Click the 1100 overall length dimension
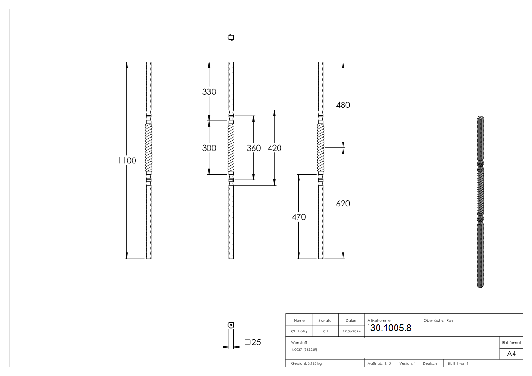point(127,161)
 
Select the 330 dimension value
point(209,91)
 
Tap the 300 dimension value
point(209,148)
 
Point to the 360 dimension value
point(253,148)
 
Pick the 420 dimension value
point(274,148)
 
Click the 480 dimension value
point(343,105)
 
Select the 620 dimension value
point(343,203)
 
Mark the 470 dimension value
point(299,217)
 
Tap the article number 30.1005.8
point(390,328)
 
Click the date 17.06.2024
point(352,331)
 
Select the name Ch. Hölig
point(299,331)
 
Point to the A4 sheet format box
point(512,354)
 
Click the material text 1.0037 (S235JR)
point(304,349)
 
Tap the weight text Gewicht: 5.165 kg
point(307,363)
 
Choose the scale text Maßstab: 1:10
point(379,363)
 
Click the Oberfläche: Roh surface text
point(435,320)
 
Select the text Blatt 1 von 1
point(458,363)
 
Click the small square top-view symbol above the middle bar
point(231,37)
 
